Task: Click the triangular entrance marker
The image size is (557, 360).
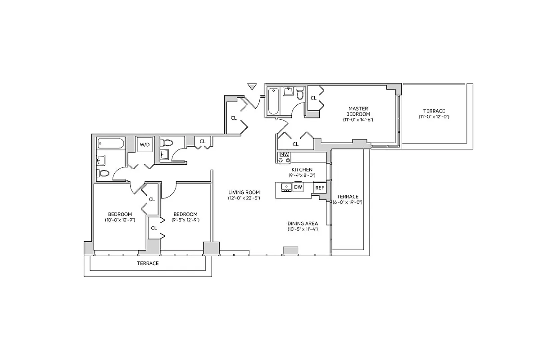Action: coord(252,86)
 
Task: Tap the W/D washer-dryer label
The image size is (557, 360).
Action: coord(145,145)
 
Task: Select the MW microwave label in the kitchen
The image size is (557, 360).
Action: coord(284,154)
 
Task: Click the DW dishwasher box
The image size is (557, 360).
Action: coord(298,187)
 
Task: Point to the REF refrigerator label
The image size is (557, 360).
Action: coord(320,188)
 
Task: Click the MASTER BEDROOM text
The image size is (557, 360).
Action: coord(358,111)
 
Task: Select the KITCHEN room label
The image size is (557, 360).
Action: coord(301,170)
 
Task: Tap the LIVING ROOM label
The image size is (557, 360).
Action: coord(244,192)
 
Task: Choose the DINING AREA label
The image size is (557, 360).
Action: coord(303,223)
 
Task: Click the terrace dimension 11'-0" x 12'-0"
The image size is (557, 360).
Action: coord(434,117)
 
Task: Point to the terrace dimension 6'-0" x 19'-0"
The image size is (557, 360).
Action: coord(348,202)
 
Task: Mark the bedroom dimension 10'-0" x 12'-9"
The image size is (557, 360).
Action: coord(120,220)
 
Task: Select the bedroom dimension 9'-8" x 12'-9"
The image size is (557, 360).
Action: coord(185,220)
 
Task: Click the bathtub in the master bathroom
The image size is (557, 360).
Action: coord(273,101)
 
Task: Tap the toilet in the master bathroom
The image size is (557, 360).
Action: coord(300,94)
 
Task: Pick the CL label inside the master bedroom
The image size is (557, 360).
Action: coord(313,98)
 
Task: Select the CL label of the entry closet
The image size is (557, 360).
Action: coord(234,118)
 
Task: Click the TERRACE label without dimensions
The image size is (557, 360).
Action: coord(148,263)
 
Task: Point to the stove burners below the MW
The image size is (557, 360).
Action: coord(284,160)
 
